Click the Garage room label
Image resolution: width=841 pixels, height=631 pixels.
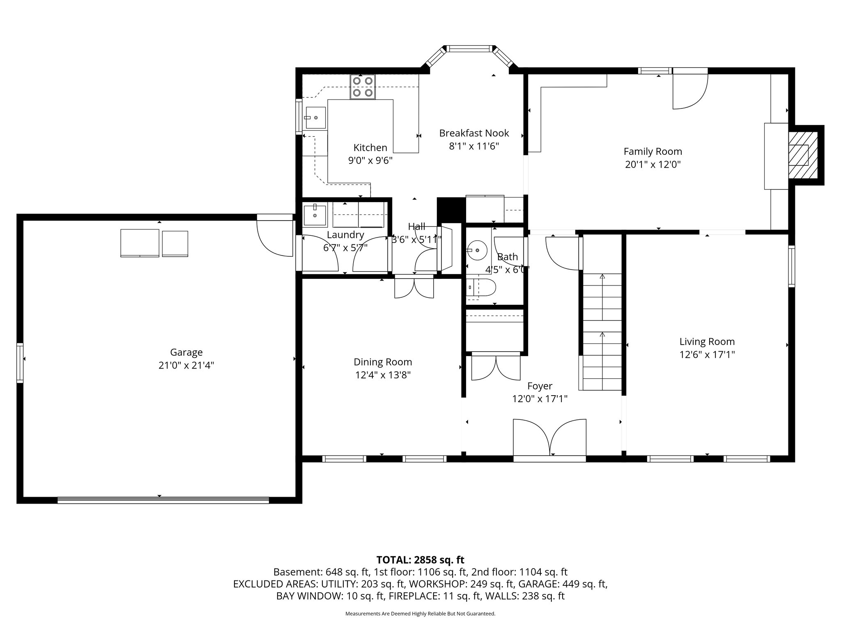(x=186, y=352)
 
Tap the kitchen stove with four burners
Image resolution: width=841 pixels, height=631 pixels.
(x=363, y=87)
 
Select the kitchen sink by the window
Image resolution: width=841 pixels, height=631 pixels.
(x=315, y=117)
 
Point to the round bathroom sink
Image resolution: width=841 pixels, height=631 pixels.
(x=477, y=249)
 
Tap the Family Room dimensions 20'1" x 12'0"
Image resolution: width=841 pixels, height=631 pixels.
(x=653, y=165)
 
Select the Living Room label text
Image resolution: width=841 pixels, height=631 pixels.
(x=707, y=341)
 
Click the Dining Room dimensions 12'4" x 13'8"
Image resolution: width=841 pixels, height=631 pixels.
(x=383, y=375)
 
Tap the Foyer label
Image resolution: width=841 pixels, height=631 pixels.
(x=540, y=386)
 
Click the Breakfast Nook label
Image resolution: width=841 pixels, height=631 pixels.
(x=474, y=133)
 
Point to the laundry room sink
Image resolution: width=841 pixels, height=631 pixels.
(x=315, y=215)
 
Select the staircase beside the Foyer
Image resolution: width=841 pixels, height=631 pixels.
(x=602, y=332)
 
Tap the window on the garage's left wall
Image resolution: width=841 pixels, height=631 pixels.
(x=20, y=363)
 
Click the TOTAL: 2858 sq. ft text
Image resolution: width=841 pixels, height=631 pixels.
(x=420, y=560)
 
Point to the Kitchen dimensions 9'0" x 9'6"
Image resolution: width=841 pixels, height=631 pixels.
(x=370, y=161)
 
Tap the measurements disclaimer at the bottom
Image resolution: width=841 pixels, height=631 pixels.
(x=420, y=614)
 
